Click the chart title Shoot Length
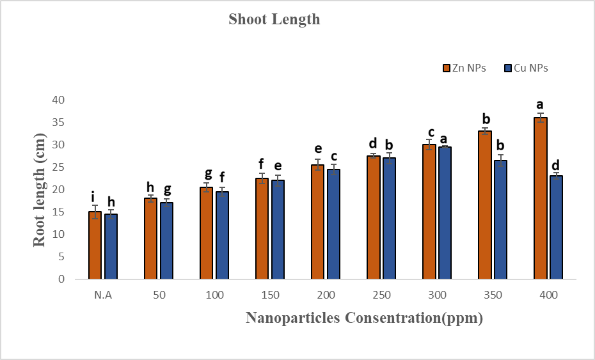(x=274, y=19)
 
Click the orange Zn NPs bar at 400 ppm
(x=541, y=198)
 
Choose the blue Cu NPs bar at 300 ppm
(x=445, y=213)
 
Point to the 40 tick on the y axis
(x=59, y=100)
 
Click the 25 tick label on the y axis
(x=59, y=167)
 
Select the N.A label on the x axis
(x=103, y=295)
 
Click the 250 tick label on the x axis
(x=381, y=295)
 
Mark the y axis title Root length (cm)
(x=40, y=189)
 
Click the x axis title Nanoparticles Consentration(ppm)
(x=364, y=318)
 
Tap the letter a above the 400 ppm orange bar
(x=540, y=105)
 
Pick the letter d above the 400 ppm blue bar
(x=556, y=165)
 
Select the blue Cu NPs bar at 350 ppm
(x=500, y=219)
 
